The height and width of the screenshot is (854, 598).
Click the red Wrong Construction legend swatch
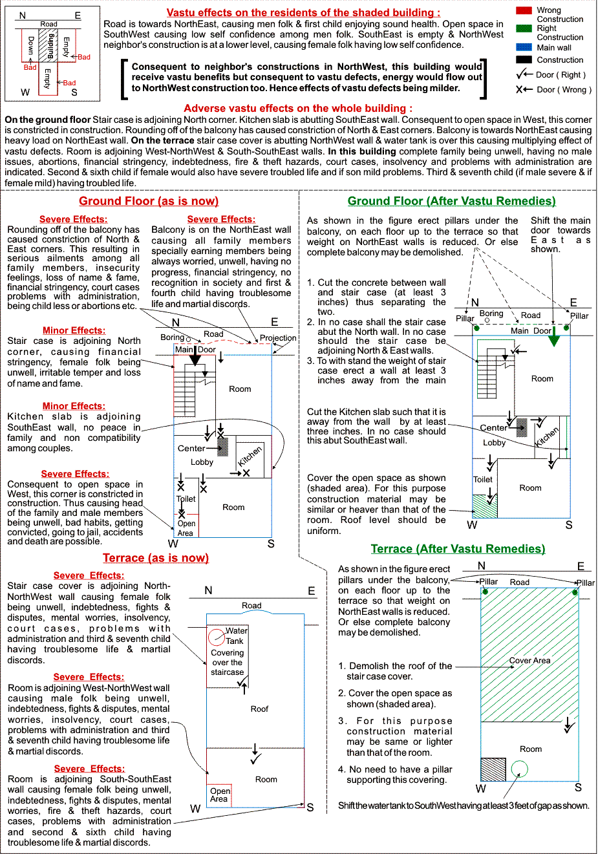point(524,10)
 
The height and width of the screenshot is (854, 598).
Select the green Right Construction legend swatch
point(524,28)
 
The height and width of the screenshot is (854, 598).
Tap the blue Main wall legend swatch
point(524,47)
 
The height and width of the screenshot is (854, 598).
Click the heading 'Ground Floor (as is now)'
point(149,201)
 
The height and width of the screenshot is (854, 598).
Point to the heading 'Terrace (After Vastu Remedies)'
point(458,549)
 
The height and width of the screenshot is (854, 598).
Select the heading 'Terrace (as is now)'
point(156,558)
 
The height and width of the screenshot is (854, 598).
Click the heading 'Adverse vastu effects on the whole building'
point(298,108)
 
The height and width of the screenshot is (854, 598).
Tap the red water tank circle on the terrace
point(217,637)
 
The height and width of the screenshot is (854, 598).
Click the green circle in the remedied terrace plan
point(519,769)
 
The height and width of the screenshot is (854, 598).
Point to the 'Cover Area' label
point(529,660)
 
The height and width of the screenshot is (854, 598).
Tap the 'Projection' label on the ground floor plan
point(278,337)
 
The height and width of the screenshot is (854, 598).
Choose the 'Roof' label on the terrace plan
point(259,709)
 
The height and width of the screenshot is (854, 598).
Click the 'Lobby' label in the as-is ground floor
point(202,462)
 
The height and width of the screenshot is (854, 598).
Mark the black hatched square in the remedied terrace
point(493,769)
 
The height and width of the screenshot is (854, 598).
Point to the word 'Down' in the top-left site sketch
point(30,45)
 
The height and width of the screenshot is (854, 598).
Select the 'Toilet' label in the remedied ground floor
point(483,480)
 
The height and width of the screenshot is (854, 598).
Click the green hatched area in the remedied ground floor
point(484,506)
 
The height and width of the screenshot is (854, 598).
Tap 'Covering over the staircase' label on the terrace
point(227,663)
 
